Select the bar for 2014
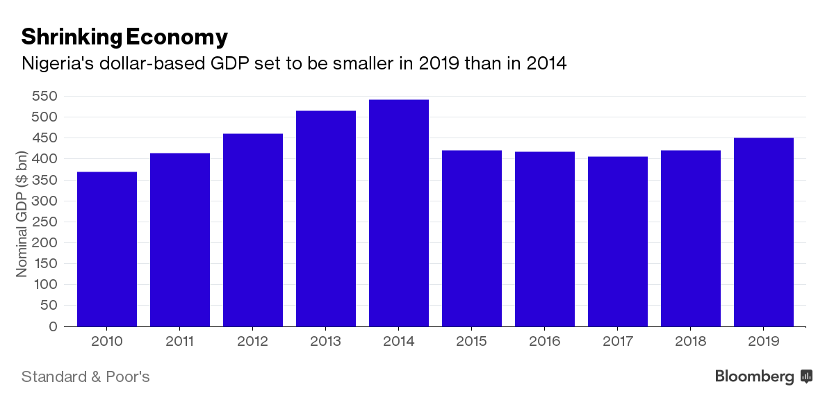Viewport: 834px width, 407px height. pyautogui.click(x=399, y=213)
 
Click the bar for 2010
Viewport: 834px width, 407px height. pyautogui.click(x=107, y=249)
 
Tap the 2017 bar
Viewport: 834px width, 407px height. pyautogui.click(x=618, y=241)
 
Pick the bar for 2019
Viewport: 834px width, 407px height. pyautogui.click(x=764, y=232)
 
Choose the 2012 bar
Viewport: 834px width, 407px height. pyautogui.click(x=253, y=230)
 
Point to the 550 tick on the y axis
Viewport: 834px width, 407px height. pyautogui.click(x=44, y=97)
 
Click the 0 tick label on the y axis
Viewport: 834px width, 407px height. pyautogui.click(x=53, y=326)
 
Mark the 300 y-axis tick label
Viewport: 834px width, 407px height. pyautogui.click(x=44, y=201)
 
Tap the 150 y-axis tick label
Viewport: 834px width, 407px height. pyautogui.click(x=44, y=263)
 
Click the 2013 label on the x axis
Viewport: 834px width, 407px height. pyautogui.click(x=326, y=342)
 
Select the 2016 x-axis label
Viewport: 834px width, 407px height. pyautogui.click(x=545, y=342)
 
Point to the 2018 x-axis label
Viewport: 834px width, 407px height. pyautogui.click(x=691, y=342)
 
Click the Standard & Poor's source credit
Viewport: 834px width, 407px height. pyautogui.click(x=85, y=377)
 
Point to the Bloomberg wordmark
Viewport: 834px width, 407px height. pyautogui.click(x=754, y=377)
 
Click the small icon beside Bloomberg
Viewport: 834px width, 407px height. pyautogui.click(x=807, y=376)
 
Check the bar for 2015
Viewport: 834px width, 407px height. pyautogui.click(x=472, y=238)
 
